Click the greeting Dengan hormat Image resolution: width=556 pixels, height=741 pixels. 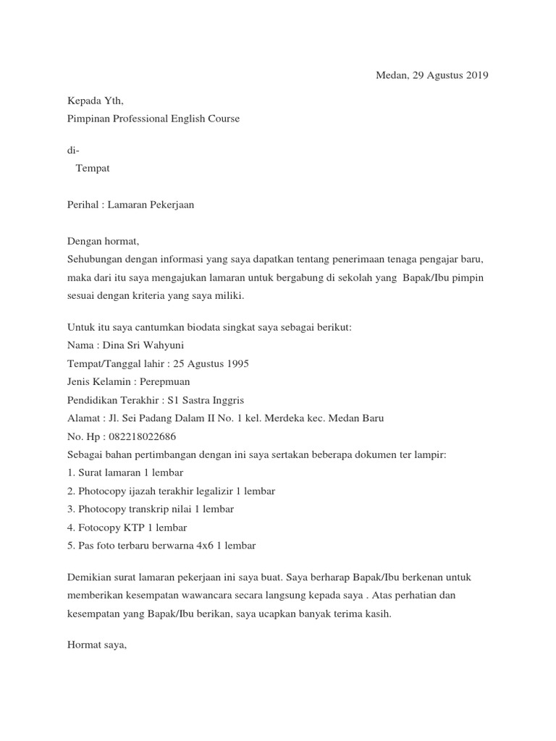[x=102, y=241]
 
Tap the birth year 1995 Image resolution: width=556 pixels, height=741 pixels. [x=236, y=364]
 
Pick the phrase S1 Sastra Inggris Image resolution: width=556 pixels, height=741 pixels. [x=205, y=400]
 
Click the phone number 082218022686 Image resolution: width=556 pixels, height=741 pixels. [x=139, y=436]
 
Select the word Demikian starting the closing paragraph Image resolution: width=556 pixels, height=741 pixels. [x=90, y=577]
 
